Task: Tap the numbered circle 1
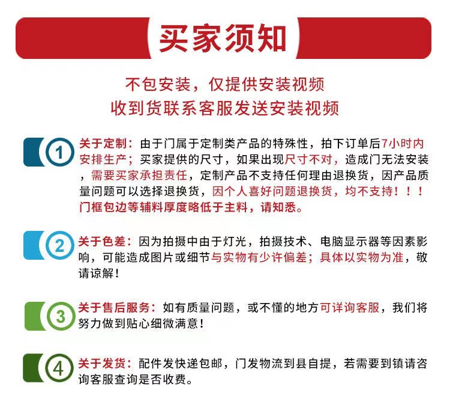point(58,153)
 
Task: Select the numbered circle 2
point(58,245)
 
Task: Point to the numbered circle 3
point(58,316)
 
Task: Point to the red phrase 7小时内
point(403,145)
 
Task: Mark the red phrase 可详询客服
point(350,308)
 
